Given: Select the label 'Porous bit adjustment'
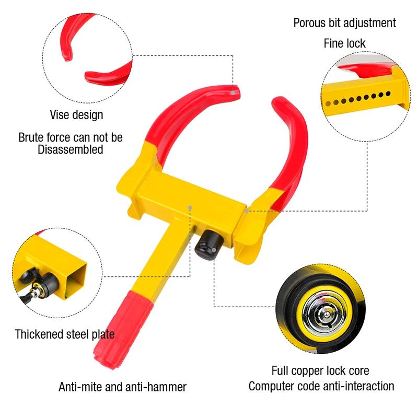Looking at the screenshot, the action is coord(344,23).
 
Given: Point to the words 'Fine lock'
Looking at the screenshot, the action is coord(344,43).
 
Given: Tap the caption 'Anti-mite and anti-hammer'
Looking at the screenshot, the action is coord(122,387).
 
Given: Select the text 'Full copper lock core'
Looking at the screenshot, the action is coord(320,371).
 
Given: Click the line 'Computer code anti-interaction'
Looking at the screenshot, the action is coord(321,387).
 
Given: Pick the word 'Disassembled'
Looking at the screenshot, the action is coord(71,149).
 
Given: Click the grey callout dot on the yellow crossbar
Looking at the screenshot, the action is coord(191,207).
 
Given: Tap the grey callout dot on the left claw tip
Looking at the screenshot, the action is coord(233,92).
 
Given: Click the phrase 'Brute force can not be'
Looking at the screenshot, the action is coord(71,137).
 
